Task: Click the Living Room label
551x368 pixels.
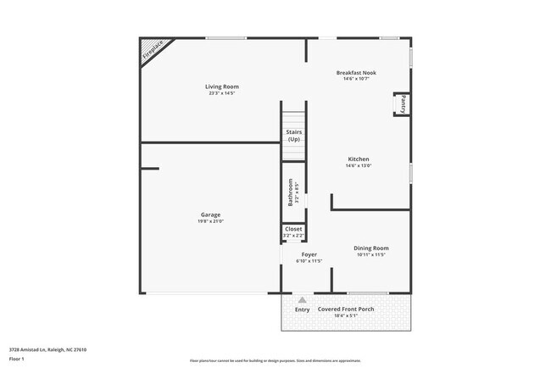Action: (x=221, y=86)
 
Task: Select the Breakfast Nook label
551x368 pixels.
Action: (x=356, y=73)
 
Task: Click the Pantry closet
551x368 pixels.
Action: (x=404, y=104)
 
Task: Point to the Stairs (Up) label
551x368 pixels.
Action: (x=293, y=136)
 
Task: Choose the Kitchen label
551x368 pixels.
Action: (x=359, y=159)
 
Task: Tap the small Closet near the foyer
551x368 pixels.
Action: (x=293, y=229)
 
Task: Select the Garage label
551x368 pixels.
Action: (x=210, y=215)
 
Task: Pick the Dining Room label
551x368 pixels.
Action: (x=371, y=248)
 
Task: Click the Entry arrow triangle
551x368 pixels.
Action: (x=302, y=299)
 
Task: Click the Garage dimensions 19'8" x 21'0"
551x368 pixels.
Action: (x=210, y=221)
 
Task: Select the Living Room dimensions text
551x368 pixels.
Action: (x=221, y=93)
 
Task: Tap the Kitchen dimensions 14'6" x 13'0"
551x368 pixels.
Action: (x=359, y=166)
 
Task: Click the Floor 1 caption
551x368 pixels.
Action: (x=17, y=359)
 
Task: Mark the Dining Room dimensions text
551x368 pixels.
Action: (x=371, y=254)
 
